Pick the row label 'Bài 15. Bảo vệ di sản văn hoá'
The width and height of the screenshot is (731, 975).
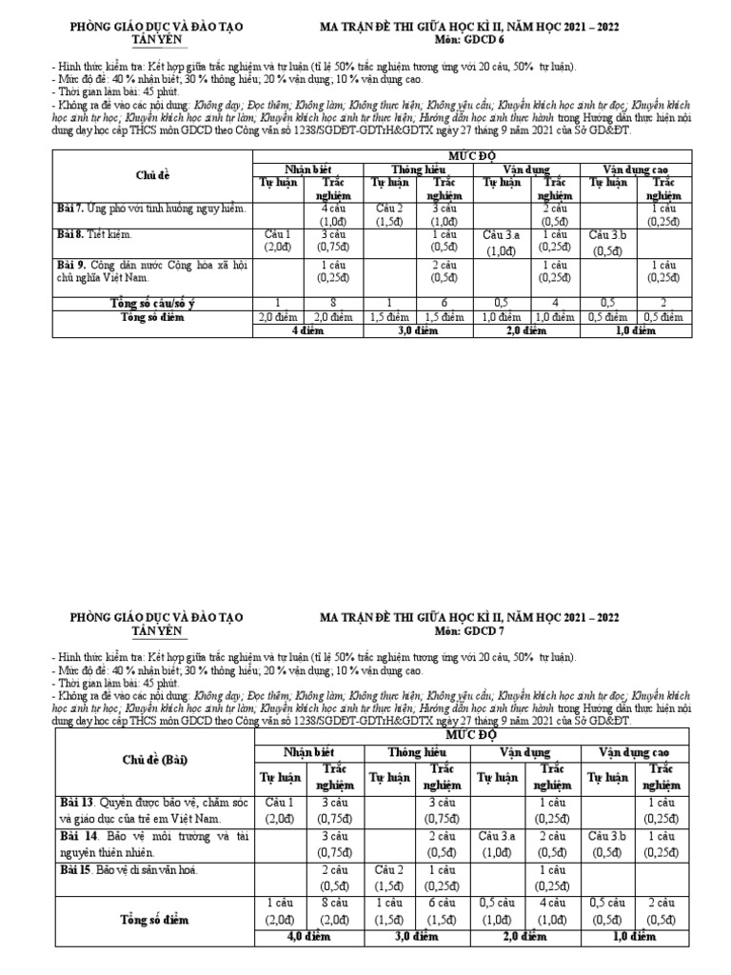[x=144, y=870]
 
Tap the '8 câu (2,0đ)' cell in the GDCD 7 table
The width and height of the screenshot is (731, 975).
[x=334, y=911]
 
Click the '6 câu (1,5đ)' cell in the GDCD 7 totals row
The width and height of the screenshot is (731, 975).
[x=444, y=911]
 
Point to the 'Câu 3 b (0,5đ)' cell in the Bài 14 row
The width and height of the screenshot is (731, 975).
[x=609, y=844]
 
